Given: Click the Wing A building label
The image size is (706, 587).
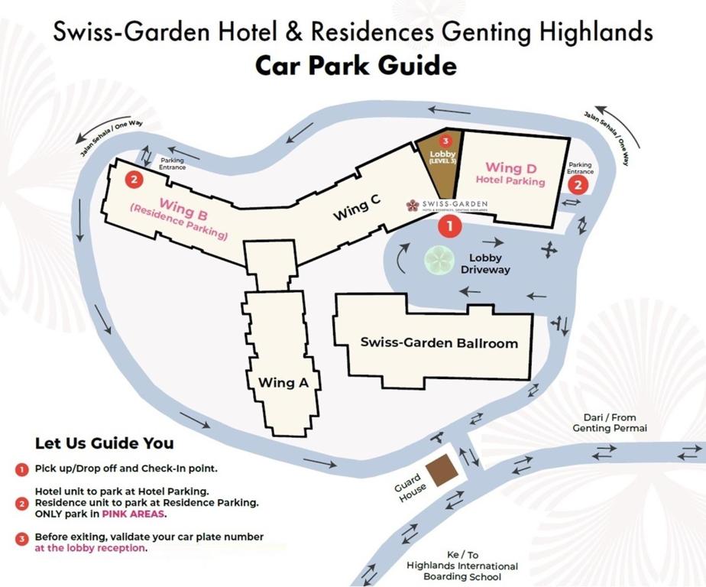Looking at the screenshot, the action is pos(283,382).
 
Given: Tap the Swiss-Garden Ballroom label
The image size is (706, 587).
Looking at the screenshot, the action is pos(439,342).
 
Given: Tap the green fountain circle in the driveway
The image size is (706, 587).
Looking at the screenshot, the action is pos(439,261).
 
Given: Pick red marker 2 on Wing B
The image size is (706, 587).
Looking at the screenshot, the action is pos(134,180).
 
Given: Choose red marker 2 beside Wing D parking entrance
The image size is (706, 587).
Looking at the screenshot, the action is pos(578,184).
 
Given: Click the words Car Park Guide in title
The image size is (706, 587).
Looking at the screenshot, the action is pos(355,66).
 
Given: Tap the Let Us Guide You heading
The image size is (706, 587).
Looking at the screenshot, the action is pos(105,443).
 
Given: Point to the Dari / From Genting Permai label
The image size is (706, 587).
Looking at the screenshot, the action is pos(610,423).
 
